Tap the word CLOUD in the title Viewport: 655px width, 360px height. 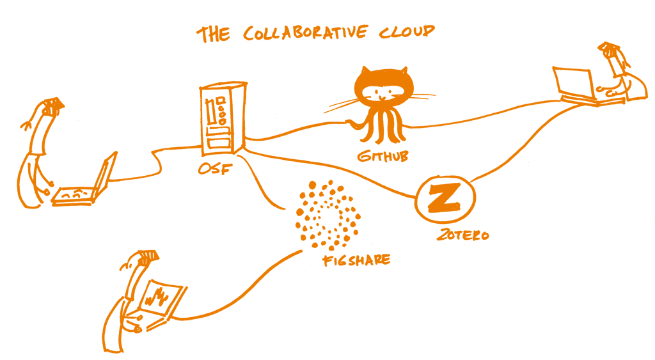(x=409, y=32)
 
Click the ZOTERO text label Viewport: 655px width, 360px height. (x=462, y=235)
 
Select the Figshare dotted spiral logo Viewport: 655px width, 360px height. (x=326, y=214)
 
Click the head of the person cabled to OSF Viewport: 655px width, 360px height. (x=51, y=106)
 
